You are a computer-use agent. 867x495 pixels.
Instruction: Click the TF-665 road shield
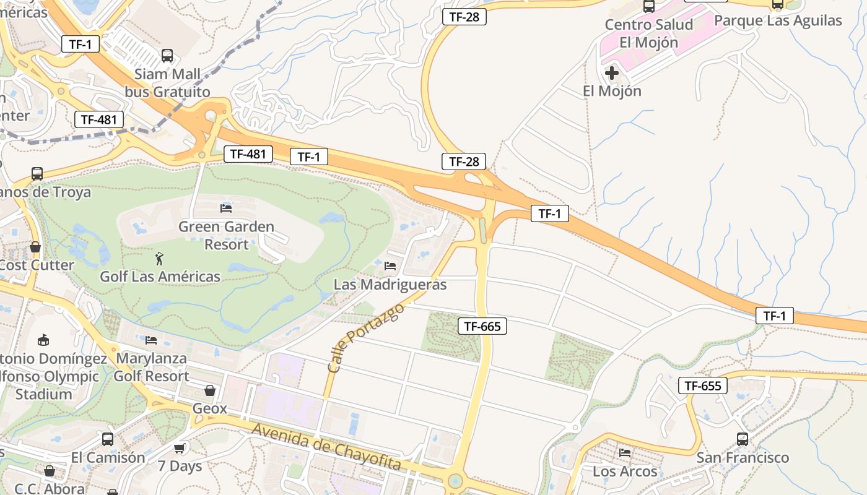point(482,326)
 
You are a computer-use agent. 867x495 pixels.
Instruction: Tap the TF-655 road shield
point(702,385)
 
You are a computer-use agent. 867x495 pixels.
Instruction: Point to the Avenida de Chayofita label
point(326,447)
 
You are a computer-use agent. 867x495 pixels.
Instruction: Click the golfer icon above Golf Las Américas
point(160,257)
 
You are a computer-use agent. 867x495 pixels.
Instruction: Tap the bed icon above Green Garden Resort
point(226,208)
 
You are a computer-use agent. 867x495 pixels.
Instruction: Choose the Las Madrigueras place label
point(390,285)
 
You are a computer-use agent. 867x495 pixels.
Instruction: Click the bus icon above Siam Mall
point(167,56)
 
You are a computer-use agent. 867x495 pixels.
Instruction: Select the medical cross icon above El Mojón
point(611,73)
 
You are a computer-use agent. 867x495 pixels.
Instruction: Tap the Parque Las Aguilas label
point(778,20)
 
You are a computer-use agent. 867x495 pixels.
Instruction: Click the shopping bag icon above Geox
point(210,390)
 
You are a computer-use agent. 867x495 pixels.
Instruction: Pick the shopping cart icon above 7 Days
point(180,447)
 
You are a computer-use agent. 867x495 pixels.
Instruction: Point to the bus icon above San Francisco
point(743,439)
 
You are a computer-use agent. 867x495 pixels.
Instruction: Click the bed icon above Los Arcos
point(624,453)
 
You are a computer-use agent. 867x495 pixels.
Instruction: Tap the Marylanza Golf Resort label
point(152,367)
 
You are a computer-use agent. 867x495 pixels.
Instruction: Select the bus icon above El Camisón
point(108,439)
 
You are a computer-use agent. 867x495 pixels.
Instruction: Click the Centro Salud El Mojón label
point(648,33)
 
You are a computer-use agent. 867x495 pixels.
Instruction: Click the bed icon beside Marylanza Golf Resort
point(150,340)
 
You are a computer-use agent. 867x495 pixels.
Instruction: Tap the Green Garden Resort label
point(226,235)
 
